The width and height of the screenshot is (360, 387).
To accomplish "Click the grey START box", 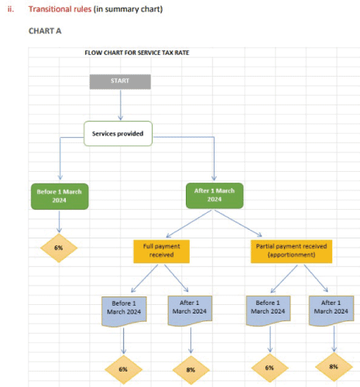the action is [120, 82].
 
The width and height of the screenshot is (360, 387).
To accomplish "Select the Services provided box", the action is [118, 134].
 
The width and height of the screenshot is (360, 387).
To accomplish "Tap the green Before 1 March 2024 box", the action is [60, 197].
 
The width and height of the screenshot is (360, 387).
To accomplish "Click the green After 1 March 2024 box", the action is [214, 196].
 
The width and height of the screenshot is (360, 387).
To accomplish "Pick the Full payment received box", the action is [162, 252].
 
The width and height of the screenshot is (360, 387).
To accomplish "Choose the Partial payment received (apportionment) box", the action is [291, 252].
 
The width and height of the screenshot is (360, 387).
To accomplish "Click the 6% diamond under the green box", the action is [59, 248].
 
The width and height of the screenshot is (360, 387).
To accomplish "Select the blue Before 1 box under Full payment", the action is [124, 311].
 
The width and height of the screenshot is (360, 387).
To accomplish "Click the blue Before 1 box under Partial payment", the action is [268, 310].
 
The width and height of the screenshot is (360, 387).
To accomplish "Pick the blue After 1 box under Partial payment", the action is [331, 310].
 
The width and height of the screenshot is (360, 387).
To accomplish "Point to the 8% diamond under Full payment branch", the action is [191, 370].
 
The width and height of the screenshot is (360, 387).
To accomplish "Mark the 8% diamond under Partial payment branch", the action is [334, 367].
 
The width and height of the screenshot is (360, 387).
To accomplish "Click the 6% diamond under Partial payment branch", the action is [269, 368].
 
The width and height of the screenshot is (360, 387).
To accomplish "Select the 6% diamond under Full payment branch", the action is [123, 369].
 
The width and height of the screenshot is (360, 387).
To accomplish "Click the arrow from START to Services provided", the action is [121, 105].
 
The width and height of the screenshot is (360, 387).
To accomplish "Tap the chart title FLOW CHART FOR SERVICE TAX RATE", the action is [137, 53].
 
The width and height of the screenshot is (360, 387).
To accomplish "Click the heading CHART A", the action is [45, 31].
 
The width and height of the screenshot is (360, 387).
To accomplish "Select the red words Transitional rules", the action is [60, 9].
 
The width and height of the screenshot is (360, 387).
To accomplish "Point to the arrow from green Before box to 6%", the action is [60, 221].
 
